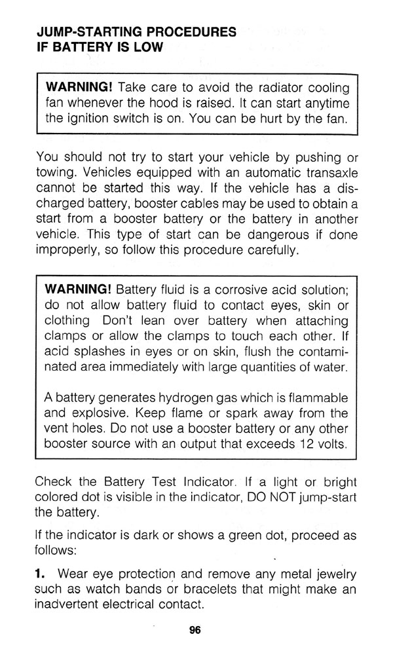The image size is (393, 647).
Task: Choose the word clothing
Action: pyautogui.click(x=67, y=321)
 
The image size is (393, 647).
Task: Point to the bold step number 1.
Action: pyautogui.click(x=40, y=574)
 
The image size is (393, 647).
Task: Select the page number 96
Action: pyautogui.click(x=195, y=630)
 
